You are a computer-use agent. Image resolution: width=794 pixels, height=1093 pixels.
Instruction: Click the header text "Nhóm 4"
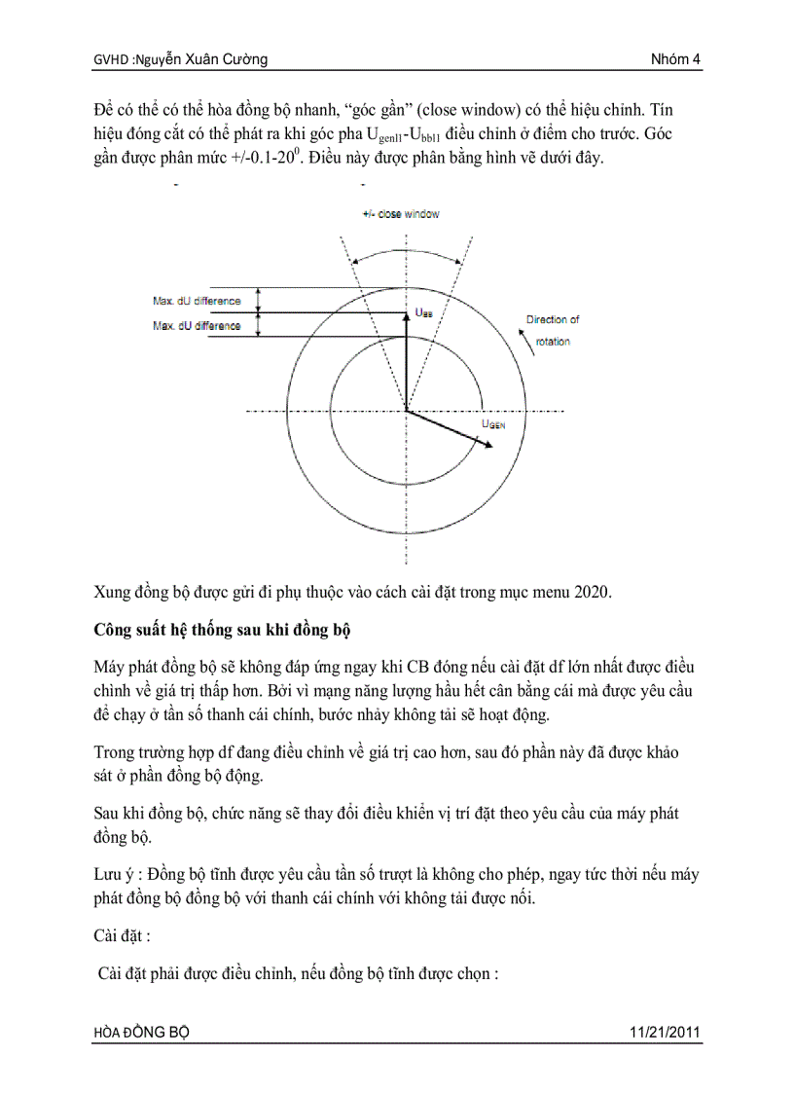click(675, 60)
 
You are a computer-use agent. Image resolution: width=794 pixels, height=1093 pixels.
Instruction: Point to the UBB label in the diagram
click(424, 312)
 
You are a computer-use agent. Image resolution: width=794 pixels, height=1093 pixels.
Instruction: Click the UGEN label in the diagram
click(494, 424)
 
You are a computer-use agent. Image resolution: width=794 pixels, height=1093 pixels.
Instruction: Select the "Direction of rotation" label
click(553, 330)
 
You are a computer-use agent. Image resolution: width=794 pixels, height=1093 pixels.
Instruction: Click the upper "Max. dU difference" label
click(197, 301)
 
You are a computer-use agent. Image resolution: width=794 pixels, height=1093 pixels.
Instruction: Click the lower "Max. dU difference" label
click(197, 326)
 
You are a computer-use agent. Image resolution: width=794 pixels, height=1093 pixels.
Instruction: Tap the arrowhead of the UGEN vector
click(484, 445)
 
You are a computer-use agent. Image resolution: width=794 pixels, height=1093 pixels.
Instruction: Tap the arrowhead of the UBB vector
click(406, 315)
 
